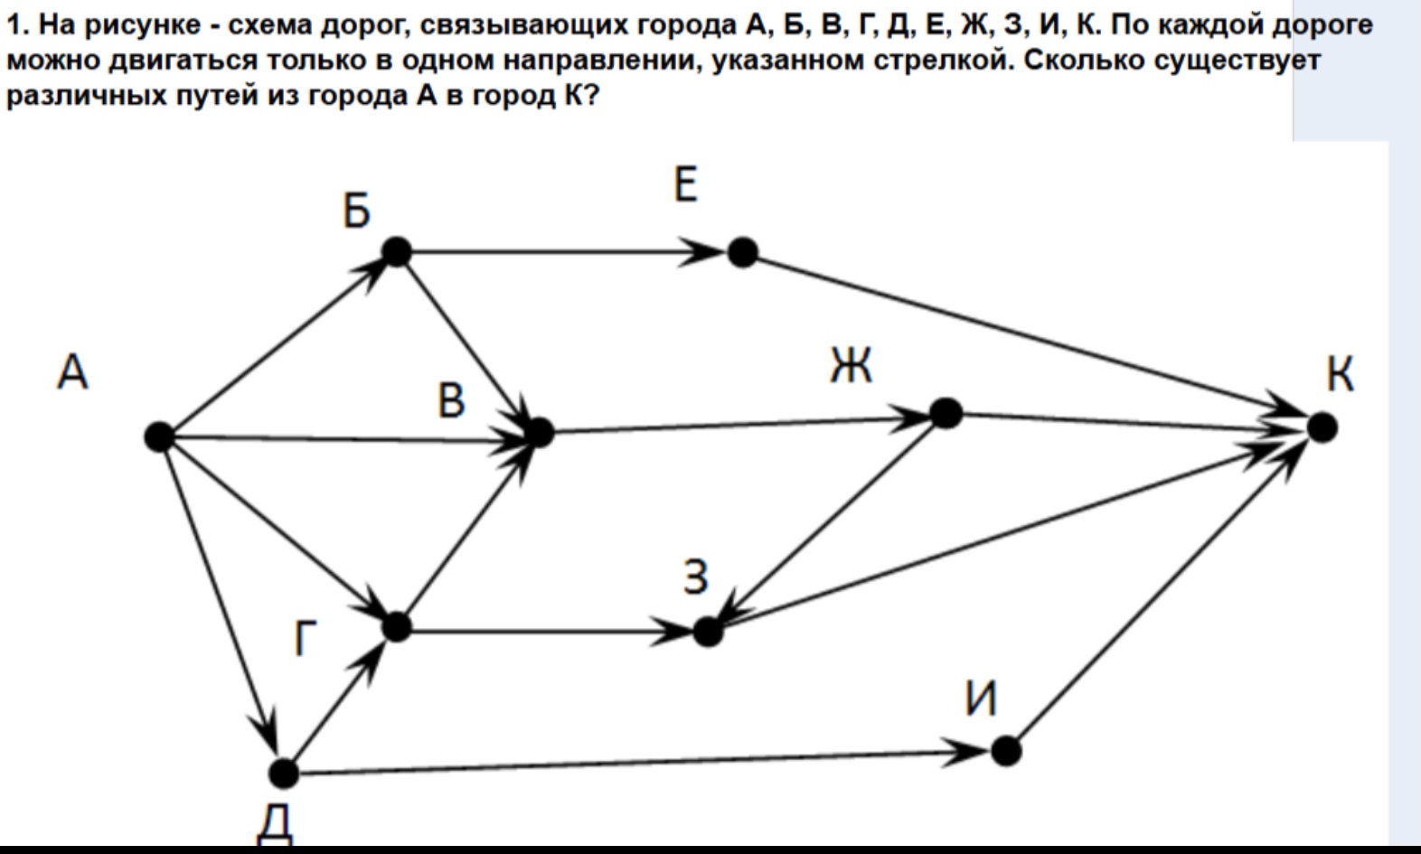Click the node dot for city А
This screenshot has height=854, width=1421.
(x=159, y=436)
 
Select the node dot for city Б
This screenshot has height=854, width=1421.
(x=397, y=252)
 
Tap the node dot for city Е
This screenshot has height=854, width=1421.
(x=743, y=252)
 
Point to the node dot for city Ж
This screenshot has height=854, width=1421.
(x=946, y=413)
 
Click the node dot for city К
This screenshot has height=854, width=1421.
(x=1322, y=427)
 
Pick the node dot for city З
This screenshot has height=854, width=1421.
(x=709, y=632)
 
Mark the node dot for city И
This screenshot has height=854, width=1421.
(x=1006, y=751)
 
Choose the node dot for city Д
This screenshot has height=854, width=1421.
(x=284, y=774)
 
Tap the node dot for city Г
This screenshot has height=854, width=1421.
(x=397, y=628)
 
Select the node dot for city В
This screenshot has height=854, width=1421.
(x=540, y=433)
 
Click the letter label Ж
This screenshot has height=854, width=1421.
(x=852, y=366)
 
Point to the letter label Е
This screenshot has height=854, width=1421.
(x=686, y=183)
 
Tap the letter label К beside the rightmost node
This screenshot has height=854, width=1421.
(x=1340, y=373)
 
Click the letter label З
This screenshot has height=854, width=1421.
(x=696, y=577)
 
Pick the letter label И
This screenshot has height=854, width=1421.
(x=981, y=698)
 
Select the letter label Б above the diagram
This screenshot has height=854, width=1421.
(x=356, y=211)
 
